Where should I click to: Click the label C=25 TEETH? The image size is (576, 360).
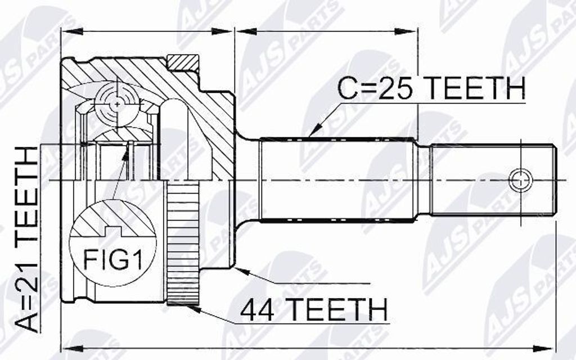pos(431,88)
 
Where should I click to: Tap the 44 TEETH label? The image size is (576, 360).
pos(314,310)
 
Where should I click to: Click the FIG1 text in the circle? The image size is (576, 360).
pos(112,259)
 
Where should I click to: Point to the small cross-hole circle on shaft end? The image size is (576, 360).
pos(520,181)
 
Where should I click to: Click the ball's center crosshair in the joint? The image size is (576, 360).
pos(117,104)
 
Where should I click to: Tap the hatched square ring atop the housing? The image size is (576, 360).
pos(183,62)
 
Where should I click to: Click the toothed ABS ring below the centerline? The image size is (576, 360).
pos(183,243)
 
